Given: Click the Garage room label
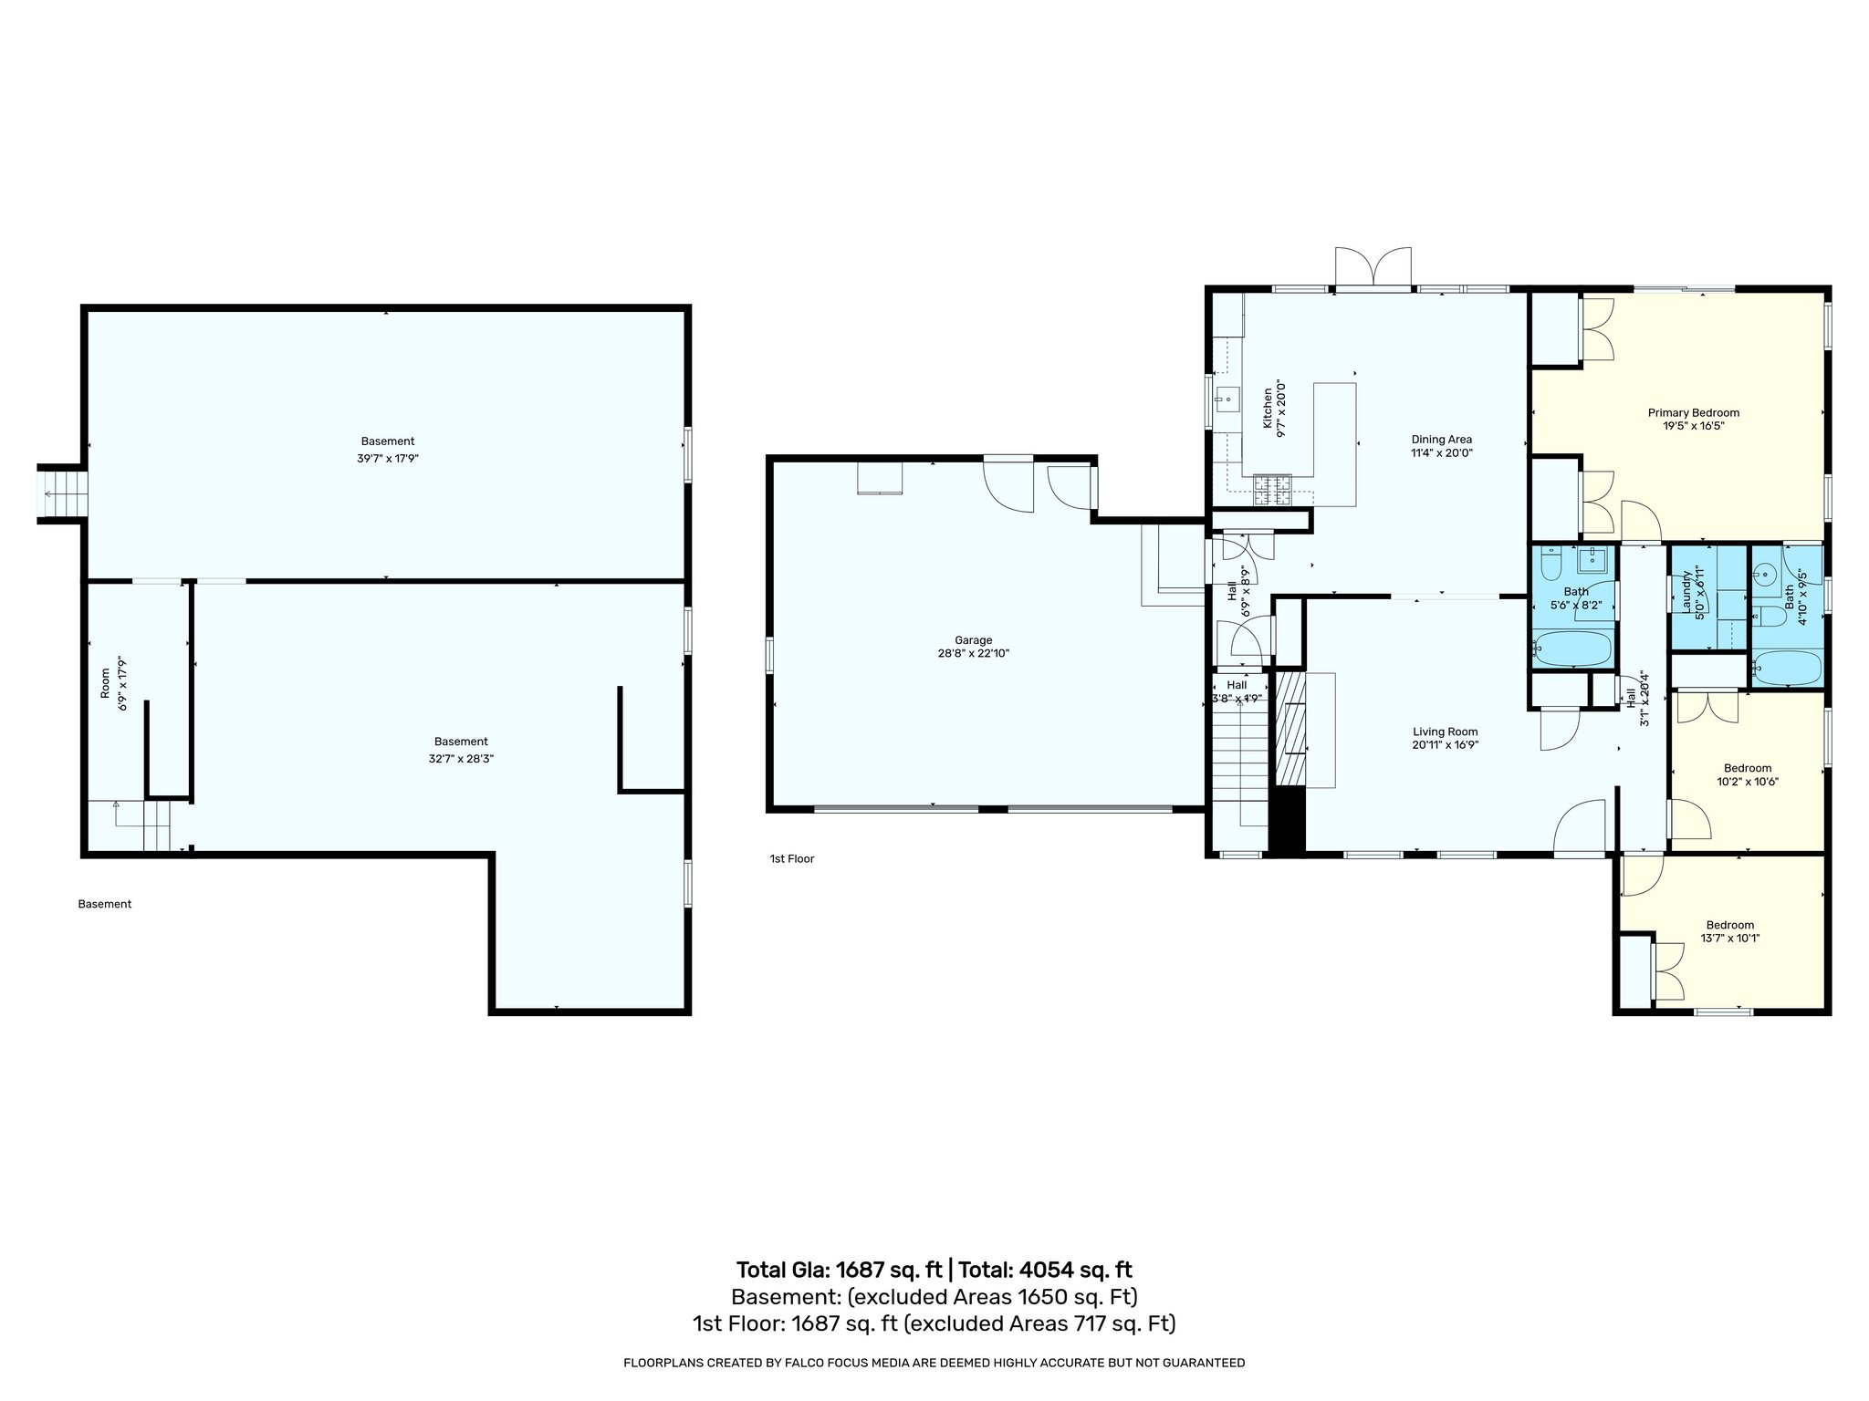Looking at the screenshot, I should (x=974, y=640).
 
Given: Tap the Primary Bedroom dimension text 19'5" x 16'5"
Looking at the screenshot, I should (x=1693, y=426).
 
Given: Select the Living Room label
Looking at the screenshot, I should (x=1445, y=732).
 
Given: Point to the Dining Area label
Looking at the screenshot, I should (x=1441, y=440).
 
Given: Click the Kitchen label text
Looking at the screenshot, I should (x=1267, y=409).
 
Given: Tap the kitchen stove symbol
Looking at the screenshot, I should (x=1273, y=490).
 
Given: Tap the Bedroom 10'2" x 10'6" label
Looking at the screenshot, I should (x=1748, y=768).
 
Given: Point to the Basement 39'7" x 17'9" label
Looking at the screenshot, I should (x=387, y=441).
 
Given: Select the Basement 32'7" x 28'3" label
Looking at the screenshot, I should (x=461, y=742).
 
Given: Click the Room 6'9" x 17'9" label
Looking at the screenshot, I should (x=105, y=684).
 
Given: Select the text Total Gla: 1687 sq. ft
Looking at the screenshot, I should (x=839, y=1270).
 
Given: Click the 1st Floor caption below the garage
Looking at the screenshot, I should (x=791, y=858).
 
